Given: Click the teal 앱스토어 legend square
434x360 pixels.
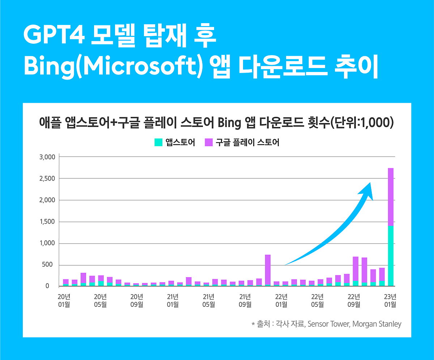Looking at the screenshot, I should tap(158, 142).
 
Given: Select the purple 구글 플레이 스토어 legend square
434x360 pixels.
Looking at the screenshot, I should tap(209, 142).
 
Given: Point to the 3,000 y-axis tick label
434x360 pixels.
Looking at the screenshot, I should tap(47, 157).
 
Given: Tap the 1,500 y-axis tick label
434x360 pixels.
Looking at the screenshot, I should tap(47, 222).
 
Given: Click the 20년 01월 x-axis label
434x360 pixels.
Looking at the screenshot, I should tap(64, 300).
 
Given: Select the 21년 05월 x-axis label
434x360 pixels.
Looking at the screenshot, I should tap(209, 300).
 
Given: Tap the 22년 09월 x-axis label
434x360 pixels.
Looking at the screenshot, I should tap(354, 300).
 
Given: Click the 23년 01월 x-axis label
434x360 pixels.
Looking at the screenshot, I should tap(390, 300).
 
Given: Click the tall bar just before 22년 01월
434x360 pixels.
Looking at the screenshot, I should tap(268, 270).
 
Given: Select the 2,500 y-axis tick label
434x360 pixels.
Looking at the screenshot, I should tap(47, 179).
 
